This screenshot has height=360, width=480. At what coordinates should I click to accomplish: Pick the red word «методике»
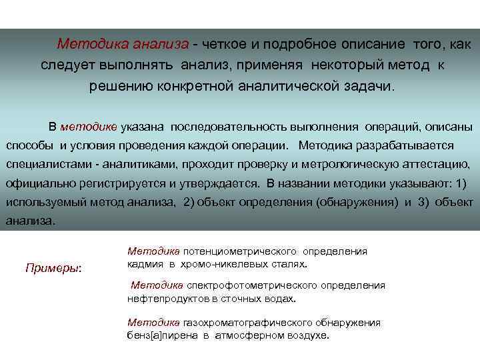pyautogui.click(x=88, y=127)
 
